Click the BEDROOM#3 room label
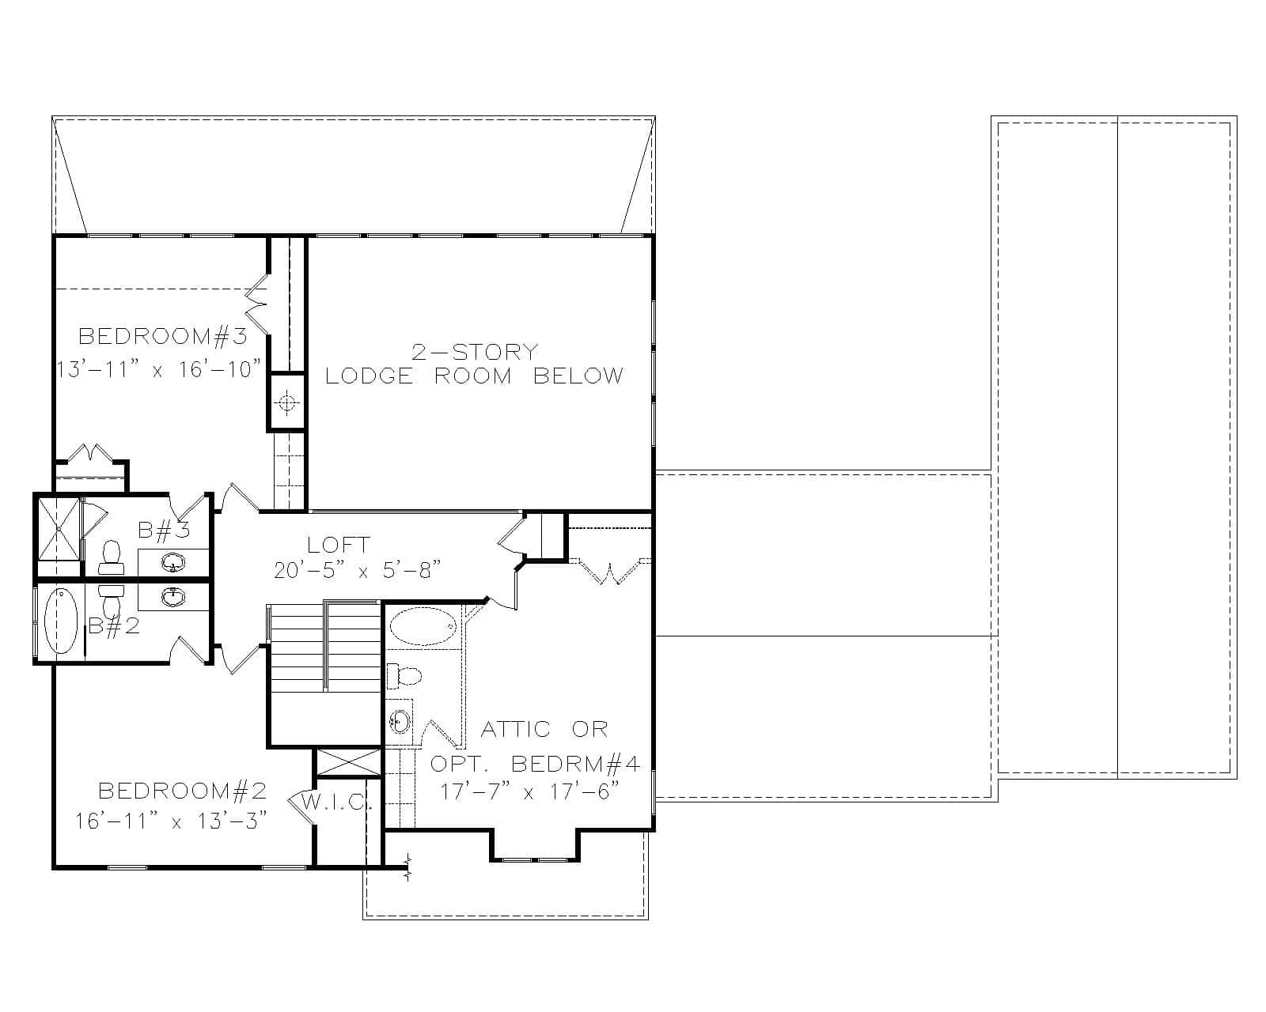pyautogui.click(x=163, y=337)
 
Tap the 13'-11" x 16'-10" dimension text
pyautogui.click(x=159, y=369)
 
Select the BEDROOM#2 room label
pyautogui.click(x=182, y=791)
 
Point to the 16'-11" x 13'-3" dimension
pyautogui.click(x=170, y=821)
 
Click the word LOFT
pyautogui.click(x=339, y=545)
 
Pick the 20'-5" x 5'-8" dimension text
pyautogui.click(x=357, y=570)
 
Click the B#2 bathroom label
pyautogui.click(x=114, y=626)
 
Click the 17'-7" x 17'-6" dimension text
pyautogui.click(x=529, y=791)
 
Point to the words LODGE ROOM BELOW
pyautogui.click(x=475, y=376)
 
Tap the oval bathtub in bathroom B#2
pyautogui.click(x=60, y=623)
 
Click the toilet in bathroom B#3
pyautogui.click(x=110, y=557)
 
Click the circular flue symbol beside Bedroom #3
pyautogui.click(x=286, y=403)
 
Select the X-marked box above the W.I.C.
pyautogui.click(x=348, y=763)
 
